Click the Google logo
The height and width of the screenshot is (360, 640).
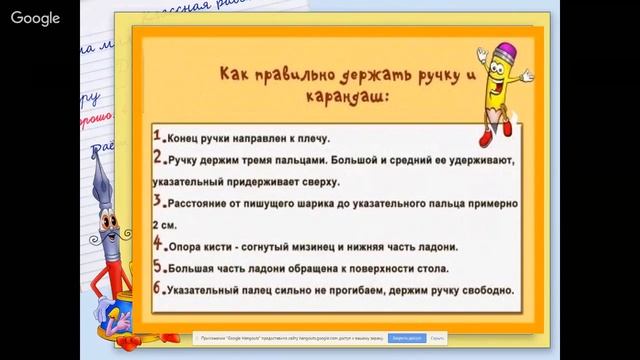tap(36, 19)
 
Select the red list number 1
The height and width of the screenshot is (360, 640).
tap(157, 135)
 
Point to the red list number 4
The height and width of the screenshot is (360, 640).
tap(157, 244)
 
